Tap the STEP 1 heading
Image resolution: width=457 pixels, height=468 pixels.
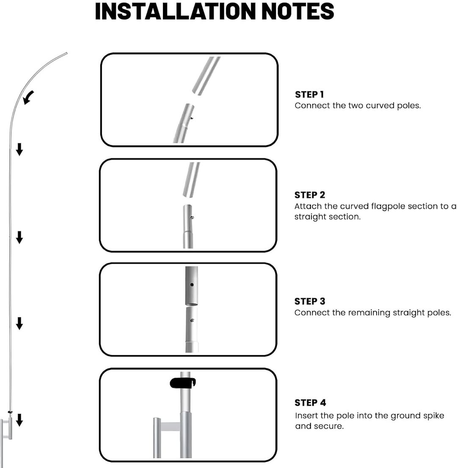click(309, 94)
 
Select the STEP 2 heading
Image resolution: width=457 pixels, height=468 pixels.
click(310, 195)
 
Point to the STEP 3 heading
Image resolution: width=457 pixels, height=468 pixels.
click(310, 301)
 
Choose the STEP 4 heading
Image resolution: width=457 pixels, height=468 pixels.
click(310, 403)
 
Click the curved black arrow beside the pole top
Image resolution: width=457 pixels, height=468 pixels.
click(29, 97)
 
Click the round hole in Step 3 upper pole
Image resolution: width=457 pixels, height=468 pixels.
click(192, 285)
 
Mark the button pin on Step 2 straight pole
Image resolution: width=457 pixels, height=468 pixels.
click(193, 218)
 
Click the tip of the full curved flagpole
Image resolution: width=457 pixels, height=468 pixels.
click(66, 53)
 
